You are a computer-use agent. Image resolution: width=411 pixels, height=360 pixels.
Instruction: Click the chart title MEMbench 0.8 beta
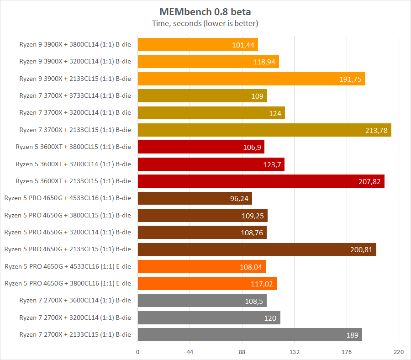205,11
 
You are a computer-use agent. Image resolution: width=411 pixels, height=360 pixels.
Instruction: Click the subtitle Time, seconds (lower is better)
205,23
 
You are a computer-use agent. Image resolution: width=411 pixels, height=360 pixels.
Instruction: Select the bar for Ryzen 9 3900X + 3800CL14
198,45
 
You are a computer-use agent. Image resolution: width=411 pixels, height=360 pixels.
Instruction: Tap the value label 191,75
350,79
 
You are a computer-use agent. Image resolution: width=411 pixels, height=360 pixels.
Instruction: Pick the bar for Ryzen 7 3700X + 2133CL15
264,130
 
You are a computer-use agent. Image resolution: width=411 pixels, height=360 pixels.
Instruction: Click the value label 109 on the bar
257,96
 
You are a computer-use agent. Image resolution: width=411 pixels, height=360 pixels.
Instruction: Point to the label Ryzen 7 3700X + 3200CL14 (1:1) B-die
75,113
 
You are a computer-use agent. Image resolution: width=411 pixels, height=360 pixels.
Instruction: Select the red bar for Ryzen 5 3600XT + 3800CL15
201,147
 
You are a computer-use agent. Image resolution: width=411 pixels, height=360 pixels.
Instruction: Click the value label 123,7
272,164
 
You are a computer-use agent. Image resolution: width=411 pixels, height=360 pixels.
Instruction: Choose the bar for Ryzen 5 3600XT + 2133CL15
261,181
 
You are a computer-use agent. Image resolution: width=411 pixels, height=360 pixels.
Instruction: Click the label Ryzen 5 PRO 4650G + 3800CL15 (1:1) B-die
68,215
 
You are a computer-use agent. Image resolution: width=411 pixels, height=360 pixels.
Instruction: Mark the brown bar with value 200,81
257,249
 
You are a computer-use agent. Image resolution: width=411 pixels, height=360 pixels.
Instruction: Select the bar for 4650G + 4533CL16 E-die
201,266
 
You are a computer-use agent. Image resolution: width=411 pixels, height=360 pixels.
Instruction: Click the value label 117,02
262,284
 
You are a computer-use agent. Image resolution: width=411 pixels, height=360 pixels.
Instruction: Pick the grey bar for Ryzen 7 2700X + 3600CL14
202,301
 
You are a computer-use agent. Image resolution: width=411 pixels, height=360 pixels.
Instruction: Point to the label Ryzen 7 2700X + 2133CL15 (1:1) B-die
75,334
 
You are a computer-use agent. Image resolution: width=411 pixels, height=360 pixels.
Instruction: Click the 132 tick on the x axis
295,352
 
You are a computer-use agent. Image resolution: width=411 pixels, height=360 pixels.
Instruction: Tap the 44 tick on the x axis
190,352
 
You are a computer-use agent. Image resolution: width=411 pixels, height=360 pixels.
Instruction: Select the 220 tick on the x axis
399,352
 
